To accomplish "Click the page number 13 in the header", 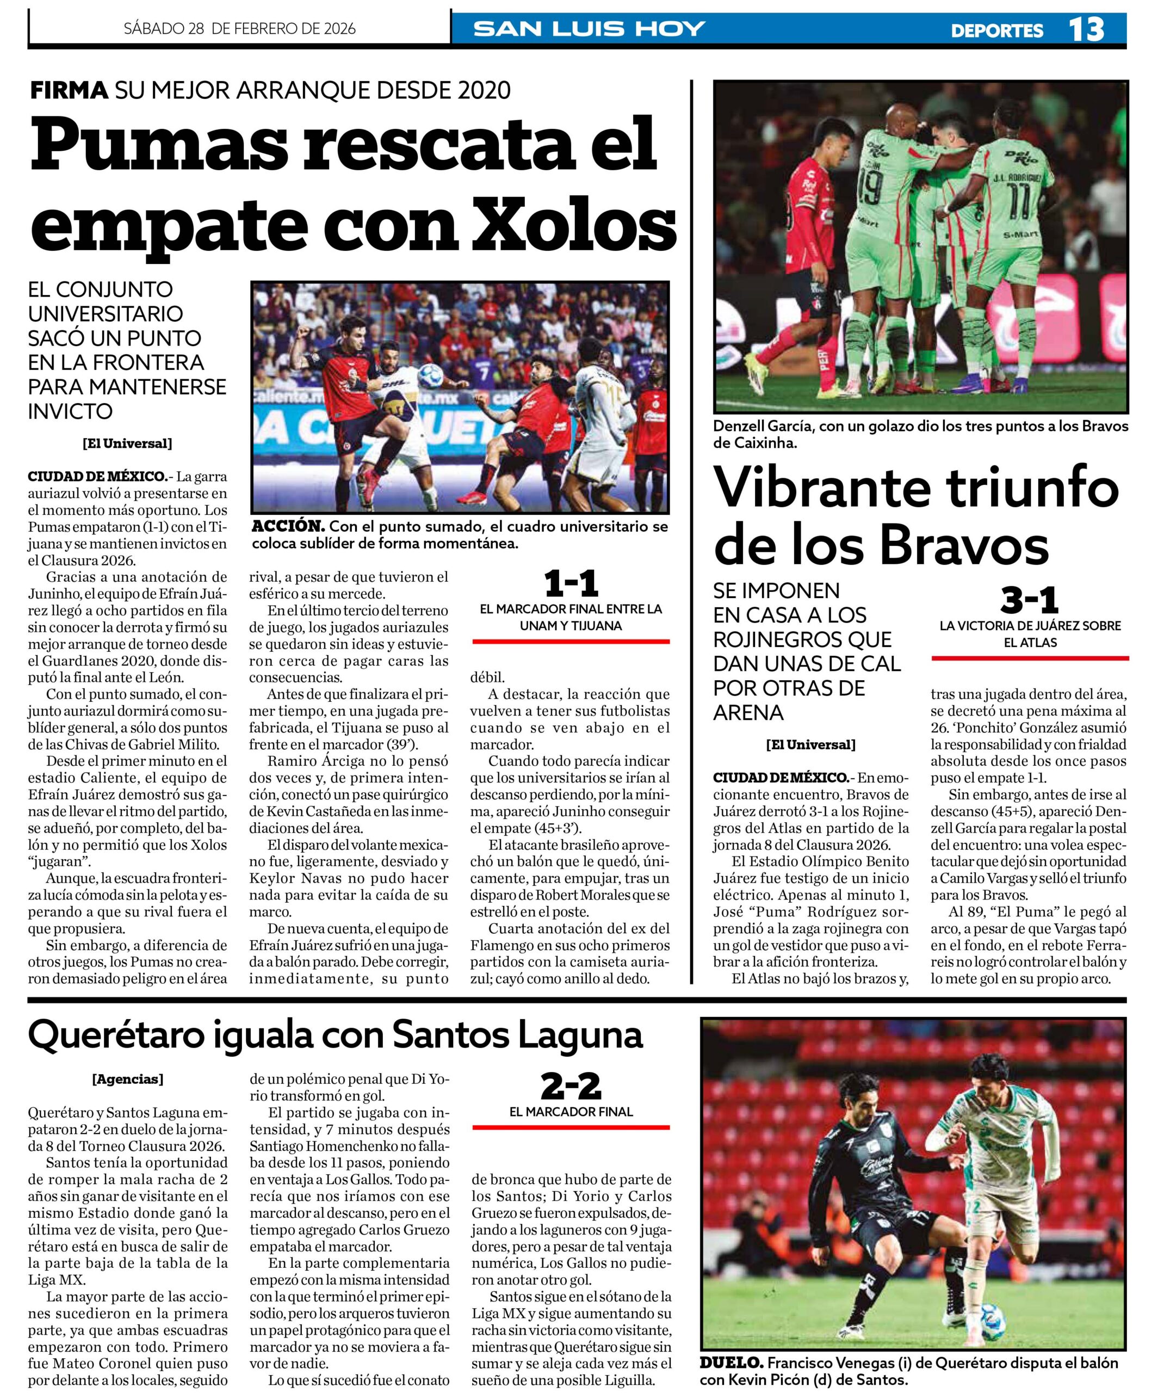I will (1086, 29).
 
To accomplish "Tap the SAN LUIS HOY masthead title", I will (590, 29).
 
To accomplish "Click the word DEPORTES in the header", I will (996, 30).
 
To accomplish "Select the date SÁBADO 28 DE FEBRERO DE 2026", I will (239, 28).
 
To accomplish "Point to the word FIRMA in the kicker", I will (69, 90).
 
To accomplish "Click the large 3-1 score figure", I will (1029, 600).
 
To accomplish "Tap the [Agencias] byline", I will (127, 1078).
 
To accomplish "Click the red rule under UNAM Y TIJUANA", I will (571, 642).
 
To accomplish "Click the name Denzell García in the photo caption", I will (763, 427).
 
